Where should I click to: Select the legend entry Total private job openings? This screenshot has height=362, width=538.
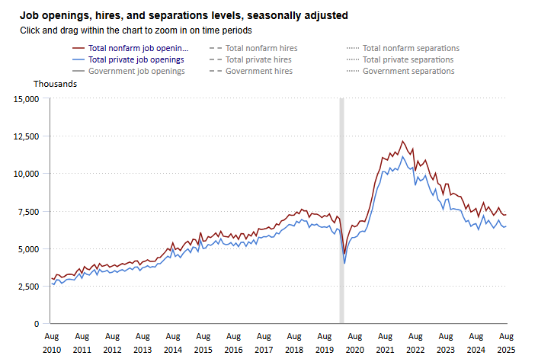point(136,59)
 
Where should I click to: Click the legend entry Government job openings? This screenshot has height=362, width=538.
point(136,71)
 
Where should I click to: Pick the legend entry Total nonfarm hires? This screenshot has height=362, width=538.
point(261,48)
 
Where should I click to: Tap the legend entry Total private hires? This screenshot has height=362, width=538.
point(258,59)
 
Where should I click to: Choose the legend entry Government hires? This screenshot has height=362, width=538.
point(258,71)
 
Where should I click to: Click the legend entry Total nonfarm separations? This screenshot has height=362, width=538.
point(411,48)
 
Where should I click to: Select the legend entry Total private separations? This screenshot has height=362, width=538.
point(408,59)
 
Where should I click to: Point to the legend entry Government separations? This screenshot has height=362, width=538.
point(408,71)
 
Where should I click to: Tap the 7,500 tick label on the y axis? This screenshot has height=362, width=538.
point(30,212)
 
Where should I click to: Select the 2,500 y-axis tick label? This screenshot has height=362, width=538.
point(30,287)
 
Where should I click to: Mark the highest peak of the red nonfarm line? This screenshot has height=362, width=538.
point(402,141)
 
